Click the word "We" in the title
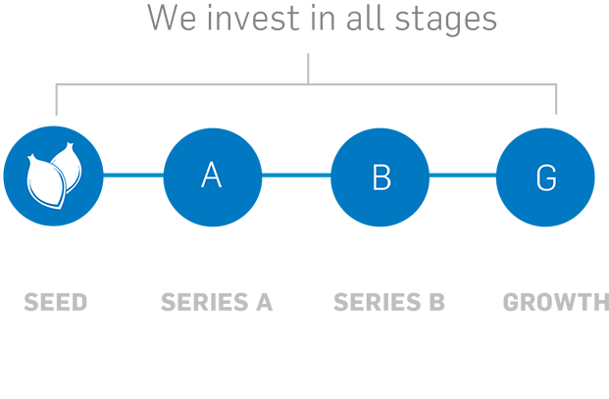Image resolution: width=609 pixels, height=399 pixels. click(x=172, y=18)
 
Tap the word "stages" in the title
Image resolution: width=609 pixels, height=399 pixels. click(x=446, y=21)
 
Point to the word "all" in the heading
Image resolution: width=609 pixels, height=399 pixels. click(x=365, y=18)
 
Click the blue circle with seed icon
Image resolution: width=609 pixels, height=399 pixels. click(x=54, y=175)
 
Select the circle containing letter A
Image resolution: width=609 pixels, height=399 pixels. click(x=213, y=177)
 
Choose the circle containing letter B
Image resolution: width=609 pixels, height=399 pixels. click(x=380, y=177)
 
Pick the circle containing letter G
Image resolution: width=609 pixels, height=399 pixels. click(x=545, y=177)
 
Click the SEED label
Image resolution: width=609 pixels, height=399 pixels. click(x=56, y=302)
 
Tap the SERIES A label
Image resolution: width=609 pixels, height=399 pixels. click(x=217, y=302)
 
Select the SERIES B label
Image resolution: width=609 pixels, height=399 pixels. click(x=389, y=302)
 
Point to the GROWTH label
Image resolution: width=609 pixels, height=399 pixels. click(x=556, y=302)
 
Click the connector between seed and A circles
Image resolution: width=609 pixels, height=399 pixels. click(x=133, y=175)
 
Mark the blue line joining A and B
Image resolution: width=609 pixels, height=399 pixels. click(x=296, y=175)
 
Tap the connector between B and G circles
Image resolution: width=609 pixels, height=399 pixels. click(x=463, y=175)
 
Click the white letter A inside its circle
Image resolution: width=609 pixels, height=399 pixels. click(x=212, y=175)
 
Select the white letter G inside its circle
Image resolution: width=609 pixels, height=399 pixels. click(x=546, y=177)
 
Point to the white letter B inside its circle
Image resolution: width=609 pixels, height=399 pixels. click(x=381, y=177)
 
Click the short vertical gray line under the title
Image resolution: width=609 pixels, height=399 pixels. click(x=308, y=69)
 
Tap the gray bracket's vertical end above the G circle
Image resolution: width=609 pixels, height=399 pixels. click(x=556, y=99)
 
